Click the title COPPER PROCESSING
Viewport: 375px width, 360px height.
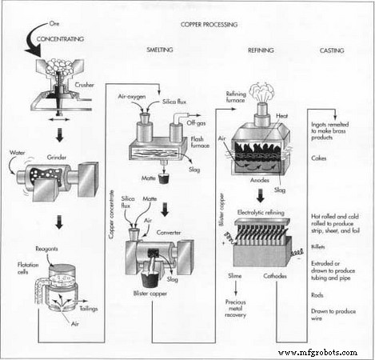tap(209, 25)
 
